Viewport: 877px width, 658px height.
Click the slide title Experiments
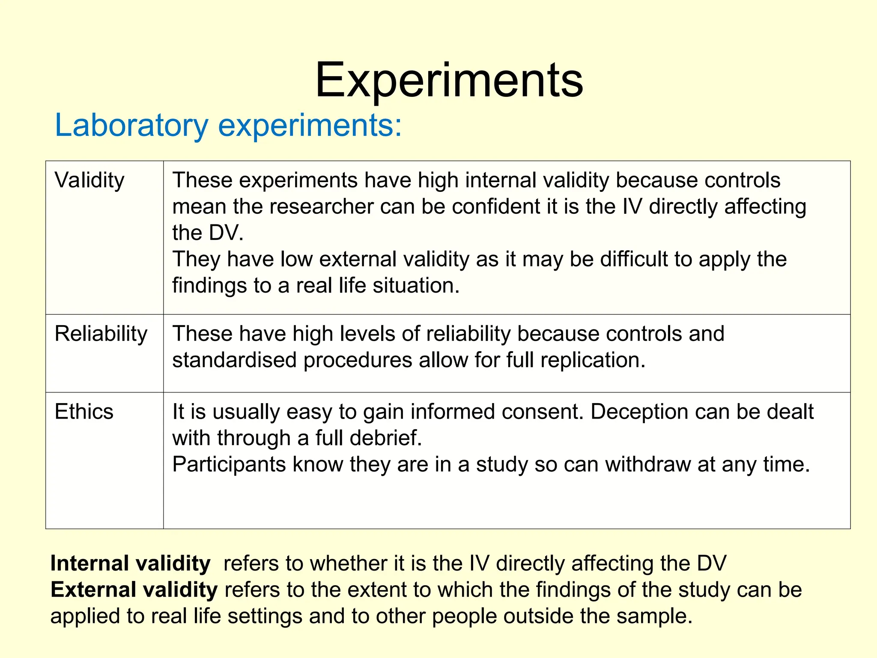[449, 81]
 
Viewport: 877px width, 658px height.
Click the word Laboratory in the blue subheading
[131, 126]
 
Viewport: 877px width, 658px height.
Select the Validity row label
[89, 180]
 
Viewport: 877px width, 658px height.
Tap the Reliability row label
[101, 334]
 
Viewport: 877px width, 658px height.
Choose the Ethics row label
[84, 412]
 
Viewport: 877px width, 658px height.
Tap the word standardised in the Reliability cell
[234, 360]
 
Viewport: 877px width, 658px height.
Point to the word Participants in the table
[229, 464]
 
